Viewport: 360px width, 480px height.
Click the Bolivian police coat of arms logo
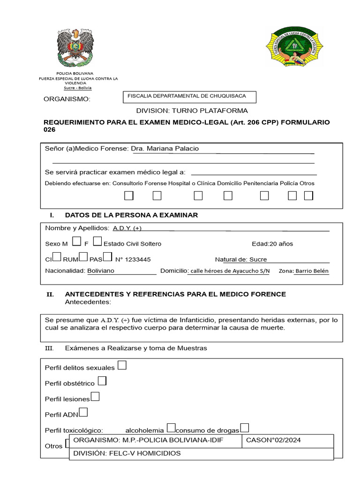coord(75,47)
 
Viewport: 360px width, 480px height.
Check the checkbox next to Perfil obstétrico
coord(101,381)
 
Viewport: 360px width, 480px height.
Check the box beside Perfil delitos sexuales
coord(122,365)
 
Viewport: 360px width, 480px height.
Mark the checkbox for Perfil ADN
coord(83,412)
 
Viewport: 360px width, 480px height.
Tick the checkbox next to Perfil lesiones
coord(95,397)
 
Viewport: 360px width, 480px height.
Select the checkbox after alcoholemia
coord(171,428)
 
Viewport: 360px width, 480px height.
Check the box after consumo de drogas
coord(244,428)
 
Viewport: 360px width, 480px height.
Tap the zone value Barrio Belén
coord(312,271)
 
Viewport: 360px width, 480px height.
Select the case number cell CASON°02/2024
coord(273,440)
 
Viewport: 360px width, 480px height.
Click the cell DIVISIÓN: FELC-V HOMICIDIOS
coord(127,453)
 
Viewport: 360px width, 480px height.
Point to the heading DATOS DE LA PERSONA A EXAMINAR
coord(131,215)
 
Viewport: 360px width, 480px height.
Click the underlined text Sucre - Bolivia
coord(78,88)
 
